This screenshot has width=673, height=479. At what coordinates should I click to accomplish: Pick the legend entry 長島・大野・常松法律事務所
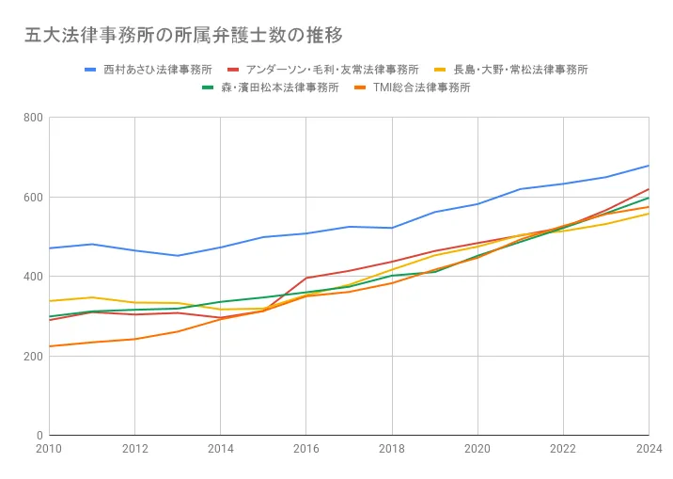coord(520,70)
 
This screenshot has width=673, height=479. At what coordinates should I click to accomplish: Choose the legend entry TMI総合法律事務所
coord(421,88)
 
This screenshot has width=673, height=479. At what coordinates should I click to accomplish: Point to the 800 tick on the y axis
coord(33,118)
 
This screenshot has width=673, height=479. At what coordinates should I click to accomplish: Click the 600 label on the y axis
coord(33,198)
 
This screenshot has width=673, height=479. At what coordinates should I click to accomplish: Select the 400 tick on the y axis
coord(33,277)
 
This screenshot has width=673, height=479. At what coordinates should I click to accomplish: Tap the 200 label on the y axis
coord(33,357)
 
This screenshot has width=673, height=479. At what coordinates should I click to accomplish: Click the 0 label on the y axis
coord(39,436)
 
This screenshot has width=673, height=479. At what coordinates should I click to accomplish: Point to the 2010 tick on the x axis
coord(49,449)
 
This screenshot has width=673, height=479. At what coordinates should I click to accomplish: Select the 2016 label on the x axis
coord(305,449)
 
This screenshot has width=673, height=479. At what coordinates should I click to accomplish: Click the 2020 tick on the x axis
coord(477,449)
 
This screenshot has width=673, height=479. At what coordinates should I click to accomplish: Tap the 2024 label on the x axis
coord(648,449)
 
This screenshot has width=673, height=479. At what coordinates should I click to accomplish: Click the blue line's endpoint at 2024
coord(649,166)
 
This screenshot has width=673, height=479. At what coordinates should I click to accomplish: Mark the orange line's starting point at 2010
coord(50,346)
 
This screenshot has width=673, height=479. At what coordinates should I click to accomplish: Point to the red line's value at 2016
coord(306,278)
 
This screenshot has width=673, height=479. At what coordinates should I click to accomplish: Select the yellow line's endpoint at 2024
coord(649,214)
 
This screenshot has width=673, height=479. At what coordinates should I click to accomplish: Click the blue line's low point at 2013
coord(178,256)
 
